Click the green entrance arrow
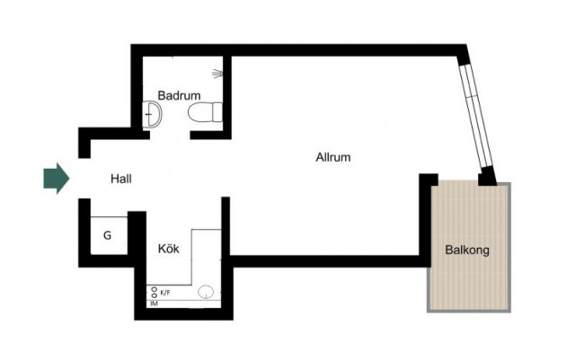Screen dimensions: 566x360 pos(57,179)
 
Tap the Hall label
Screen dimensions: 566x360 pos(121,179)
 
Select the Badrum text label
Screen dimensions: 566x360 pos(179,95)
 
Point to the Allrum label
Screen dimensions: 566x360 pos(333,157)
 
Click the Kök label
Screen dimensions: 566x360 pos(169,249)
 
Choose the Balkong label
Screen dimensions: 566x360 pos(467,250)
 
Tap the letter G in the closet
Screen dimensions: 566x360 pos(107,235)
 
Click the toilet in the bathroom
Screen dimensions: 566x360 pos(205,112)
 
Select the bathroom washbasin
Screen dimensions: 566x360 pos(152,114)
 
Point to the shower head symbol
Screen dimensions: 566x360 pos(217,74)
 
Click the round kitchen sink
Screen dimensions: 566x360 pos(206,292)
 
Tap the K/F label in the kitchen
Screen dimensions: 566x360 pos(165,293)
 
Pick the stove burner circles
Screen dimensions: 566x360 pos(155,292)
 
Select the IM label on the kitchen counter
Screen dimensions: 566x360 pos(155,303)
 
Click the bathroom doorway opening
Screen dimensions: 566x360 pos(170,136)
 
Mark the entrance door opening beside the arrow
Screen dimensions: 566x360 pos(84,178)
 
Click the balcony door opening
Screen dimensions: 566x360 pos(458,180)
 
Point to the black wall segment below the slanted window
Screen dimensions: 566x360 pos(487,176)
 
